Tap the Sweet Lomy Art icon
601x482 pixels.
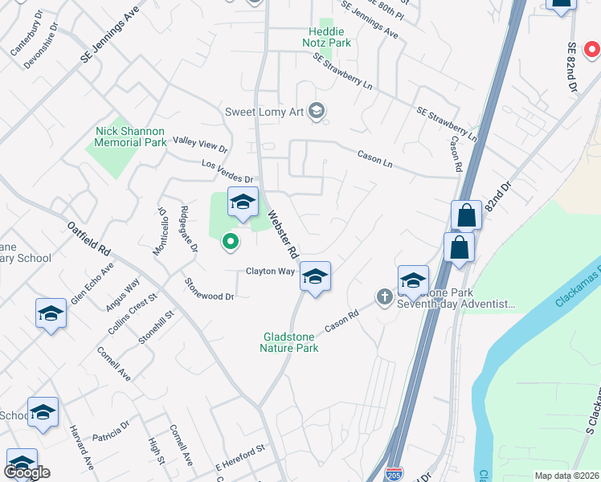pyautogui.click(x=317, y=111)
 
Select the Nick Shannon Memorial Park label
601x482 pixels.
pyautogui.click(x=130, y=137)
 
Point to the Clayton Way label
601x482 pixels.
pyautogui.click(x=271, y=272)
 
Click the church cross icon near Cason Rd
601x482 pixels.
pyautogui.click(x=384, y=298)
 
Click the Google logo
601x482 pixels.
pyautogui.click(x=27, y=472)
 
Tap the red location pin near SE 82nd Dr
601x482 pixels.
pyautogui.click(x=591, y=49)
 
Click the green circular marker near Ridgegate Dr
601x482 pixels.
pyautogui.click(x=230, y=240)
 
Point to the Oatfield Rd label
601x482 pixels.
pyautogui.click(x=88, y=239)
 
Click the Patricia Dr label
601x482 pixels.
pyautogui.click(x=111, y=431)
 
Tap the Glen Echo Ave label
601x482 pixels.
pyautogui.click(x=92, y=280)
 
